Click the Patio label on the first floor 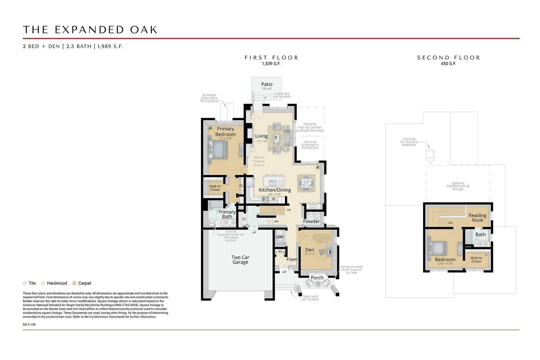pos(267,84)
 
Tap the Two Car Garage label pos(240,260)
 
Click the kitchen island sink pos(273,183)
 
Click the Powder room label pos(311,221)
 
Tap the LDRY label pos(280,237)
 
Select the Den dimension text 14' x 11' pos(310,254)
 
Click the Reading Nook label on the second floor pos(477,218)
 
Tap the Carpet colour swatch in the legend pos(74,283)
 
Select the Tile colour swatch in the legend pos(25,283)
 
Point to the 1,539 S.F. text pos(271,64)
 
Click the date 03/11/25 pos(29,325)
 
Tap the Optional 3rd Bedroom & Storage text pos(458,186)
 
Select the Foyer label pos(292,259)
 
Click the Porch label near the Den pos(317,278)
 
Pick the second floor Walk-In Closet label pos(476,260)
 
